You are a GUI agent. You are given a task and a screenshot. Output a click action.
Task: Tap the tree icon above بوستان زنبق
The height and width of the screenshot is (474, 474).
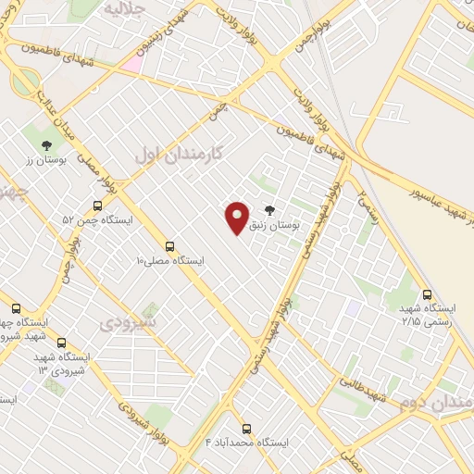pos(269,210)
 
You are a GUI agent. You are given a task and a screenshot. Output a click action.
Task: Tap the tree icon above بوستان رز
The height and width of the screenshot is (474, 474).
pos(46,144)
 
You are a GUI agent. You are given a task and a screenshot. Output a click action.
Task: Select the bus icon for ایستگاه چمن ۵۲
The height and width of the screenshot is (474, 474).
pos(97,206)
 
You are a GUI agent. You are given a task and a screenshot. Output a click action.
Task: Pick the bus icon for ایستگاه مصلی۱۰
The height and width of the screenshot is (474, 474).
pos(169,246)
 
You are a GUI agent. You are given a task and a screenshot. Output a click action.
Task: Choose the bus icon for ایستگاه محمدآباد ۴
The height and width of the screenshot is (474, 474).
pos(246,429)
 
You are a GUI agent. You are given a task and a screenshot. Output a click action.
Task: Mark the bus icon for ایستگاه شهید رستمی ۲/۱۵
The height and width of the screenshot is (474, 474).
pos(426,293)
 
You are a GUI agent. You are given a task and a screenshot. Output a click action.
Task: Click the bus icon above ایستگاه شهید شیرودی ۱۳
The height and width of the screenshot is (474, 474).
pos(62,343)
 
